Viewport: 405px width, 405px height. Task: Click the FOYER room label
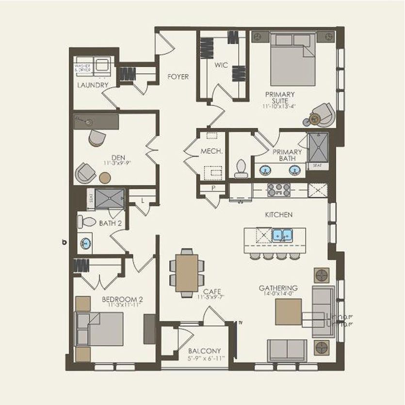pos(178,77)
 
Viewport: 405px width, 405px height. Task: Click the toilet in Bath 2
pos(87,222)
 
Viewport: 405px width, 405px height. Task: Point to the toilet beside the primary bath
pos(241,168)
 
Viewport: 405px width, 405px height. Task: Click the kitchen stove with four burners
pos(279,189)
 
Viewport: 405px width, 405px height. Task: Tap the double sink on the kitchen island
pos(282,235)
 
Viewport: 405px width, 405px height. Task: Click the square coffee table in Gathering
pos(288,312)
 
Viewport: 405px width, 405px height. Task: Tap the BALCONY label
pos(205,351)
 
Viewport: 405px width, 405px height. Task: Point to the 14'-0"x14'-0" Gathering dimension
pos(278,294)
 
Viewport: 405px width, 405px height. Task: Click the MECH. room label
pos(211,152)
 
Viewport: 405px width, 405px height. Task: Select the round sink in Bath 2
pos(86,243)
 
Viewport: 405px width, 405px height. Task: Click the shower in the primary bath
pos(318,147)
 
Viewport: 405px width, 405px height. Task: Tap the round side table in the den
pos(105,178)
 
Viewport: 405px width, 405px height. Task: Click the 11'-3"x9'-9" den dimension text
pos(116,163)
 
